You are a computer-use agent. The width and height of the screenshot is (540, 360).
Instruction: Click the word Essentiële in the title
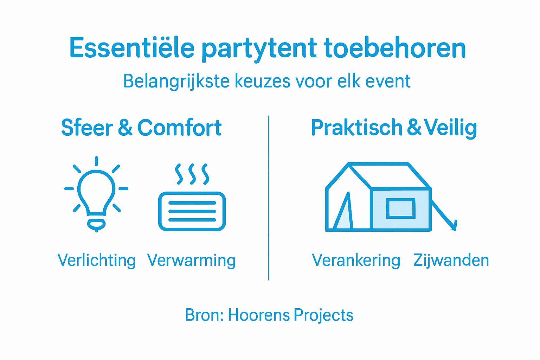coord(132,48)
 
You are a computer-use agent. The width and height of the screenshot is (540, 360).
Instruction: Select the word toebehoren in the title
coord(395,48)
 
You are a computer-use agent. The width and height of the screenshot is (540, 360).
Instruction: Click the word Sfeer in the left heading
coord(87,128)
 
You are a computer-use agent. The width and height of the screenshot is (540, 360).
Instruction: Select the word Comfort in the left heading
coord(179,128)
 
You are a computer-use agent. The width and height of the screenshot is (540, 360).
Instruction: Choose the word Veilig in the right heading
coord(450,128)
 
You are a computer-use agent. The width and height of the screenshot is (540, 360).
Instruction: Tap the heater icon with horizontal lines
coord(192,211)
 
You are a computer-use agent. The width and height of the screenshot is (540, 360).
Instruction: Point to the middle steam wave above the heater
coord(192,174)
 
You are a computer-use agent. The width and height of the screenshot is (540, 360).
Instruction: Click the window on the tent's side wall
coord(401,208)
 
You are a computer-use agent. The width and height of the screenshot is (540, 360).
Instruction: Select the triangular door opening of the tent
coord(344,214)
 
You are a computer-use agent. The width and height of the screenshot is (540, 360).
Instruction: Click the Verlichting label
coord(97,261)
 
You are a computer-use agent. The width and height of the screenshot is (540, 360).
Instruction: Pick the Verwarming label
coord(192,261)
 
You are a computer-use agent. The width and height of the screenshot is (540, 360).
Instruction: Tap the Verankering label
coord(356,261)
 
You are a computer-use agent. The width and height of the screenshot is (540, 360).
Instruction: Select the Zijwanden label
coord(451,261)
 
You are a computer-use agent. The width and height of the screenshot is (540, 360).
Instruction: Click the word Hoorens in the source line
coord(259,315)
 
